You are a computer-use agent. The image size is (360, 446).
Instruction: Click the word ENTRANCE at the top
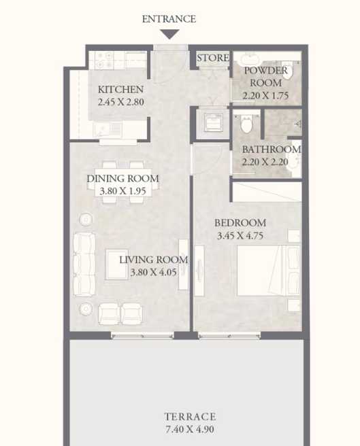[x=169, y=19]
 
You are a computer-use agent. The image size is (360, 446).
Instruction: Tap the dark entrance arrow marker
[x=169, y=34]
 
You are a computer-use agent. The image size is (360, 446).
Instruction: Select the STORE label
[x=213, y=58]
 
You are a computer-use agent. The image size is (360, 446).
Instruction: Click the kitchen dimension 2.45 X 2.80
[x=120, y=103]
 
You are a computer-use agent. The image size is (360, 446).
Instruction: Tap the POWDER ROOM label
[x=265, y=77]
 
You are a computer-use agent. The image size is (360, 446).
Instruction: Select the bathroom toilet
[x=246, y=124]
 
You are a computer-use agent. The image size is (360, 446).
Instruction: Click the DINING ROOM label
[x=122, y=179]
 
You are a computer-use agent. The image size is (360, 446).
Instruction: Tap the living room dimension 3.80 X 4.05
[x=153, y=272]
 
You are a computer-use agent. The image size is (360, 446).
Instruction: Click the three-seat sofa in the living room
[x=84, y=263]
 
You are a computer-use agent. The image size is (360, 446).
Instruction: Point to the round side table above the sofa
[x=86, y=219]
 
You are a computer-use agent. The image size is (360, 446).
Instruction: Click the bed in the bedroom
[x=267, y=271]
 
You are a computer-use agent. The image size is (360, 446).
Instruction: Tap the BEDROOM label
[x=240, y=223]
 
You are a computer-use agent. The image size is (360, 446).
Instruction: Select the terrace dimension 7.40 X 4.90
[x=189, y=429]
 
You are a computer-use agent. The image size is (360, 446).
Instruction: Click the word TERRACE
[x=189, y=416]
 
